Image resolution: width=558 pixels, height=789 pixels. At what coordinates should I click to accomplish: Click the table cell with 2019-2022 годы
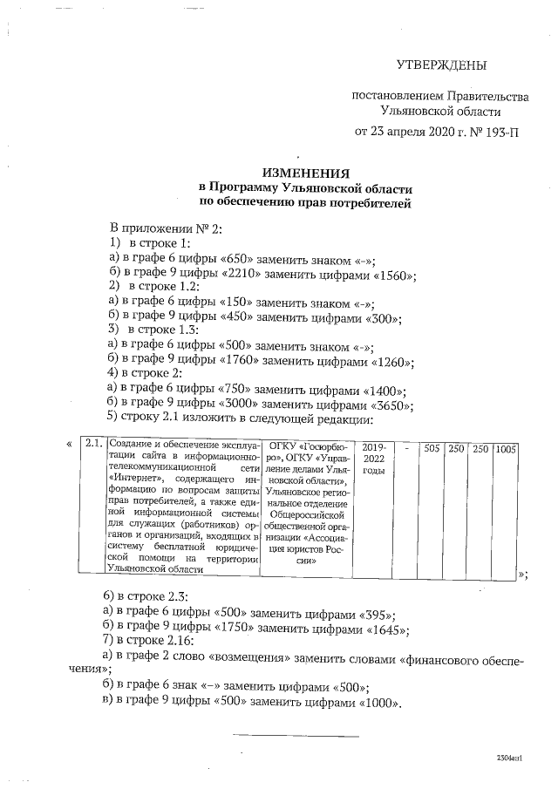[x=373, y=457]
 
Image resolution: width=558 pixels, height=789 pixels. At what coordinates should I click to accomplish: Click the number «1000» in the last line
[x=377, y=704]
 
